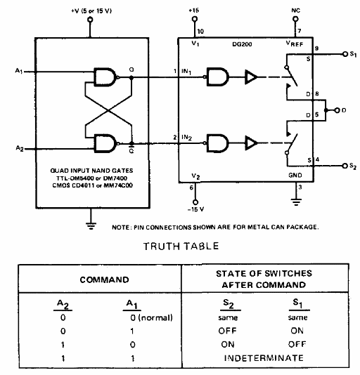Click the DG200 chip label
(242, 44)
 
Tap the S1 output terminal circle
(345, 54)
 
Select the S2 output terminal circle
(345, 166)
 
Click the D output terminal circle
(337, 110)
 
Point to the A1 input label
(19, 71)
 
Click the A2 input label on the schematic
(20, 148)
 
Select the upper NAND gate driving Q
(106, 77)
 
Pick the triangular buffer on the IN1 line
(251, 77)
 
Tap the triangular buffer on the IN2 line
(251, 143)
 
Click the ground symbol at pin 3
(296, 202)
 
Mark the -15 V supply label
(195, 209)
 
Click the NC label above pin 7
(295, 11)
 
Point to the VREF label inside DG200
(295, 44)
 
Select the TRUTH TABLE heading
(181, 246)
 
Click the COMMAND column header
(105, 279)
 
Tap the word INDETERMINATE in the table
(264, 358)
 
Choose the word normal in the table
(155, 317)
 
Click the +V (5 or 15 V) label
(91, 11)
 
